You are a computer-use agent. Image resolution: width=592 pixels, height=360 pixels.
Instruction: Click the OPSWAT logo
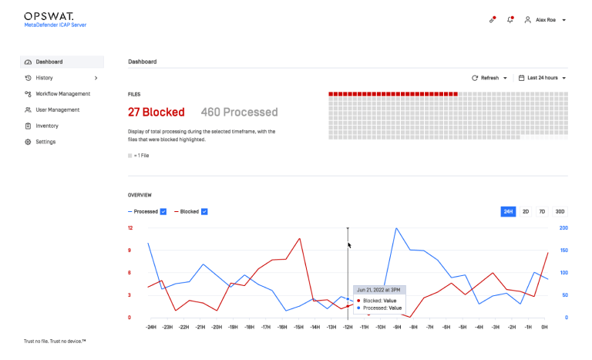point(49,16)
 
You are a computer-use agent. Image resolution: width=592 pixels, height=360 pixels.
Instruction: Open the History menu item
point(44,78)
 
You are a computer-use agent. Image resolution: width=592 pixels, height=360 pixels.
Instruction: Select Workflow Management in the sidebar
point(62,94)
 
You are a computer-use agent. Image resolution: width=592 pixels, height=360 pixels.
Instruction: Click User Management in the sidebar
point(57,110)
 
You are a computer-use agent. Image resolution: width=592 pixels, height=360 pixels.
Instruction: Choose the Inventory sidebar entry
point(47,126)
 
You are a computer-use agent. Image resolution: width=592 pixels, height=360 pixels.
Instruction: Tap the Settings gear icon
point(28,142)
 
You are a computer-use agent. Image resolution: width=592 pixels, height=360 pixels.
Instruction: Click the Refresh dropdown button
point(489,78)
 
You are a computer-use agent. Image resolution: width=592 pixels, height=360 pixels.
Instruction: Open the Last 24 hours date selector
point(542,78)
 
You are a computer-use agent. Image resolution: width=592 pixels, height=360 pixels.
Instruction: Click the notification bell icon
point(510,19)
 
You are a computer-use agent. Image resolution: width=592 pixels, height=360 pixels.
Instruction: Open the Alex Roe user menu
point(545,19)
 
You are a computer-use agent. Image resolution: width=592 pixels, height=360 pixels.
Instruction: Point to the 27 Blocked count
point(156,113)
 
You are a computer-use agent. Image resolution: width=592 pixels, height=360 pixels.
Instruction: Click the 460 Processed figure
point(239,113)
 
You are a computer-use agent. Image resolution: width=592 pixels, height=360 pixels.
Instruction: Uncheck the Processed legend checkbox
point(163,211)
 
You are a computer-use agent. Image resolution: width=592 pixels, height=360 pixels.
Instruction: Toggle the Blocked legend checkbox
point(204,211)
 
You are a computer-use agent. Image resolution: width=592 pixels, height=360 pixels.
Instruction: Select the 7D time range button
point(542,211)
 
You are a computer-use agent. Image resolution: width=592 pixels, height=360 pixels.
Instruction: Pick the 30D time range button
point(560,211)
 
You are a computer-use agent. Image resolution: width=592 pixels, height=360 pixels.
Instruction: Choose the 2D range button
point(526,211)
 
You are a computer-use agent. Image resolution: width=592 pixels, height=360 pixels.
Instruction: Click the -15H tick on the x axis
point(298,327)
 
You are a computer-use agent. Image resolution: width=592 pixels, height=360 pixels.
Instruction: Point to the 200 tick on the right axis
point(563,227)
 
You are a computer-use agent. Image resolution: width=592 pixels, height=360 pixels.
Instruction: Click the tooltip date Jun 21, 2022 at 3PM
point(378,290)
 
